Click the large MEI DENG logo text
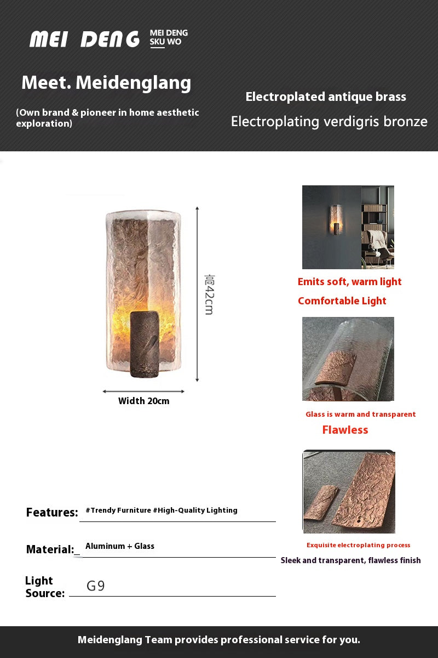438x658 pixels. point(85,39)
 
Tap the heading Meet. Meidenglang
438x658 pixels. point(106,83)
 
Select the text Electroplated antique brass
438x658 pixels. point(326,97)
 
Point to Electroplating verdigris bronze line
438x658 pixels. point(329,122)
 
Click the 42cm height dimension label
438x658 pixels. point(209,294)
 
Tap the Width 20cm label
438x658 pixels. point(143,401)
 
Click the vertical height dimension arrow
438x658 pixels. point(197,294)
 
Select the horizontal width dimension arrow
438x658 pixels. point(143,392)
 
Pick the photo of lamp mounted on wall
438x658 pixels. point(348,227)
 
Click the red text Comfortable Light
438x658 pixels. point(342,301)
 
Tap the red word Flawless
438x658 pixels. point(345,430)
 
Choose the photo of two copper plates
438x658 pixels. point(349,492)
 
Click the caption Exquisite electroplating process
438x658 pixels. point(358,545)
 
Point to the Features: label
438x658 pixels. point(52,513)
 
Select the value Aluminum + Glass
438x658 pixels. point(120,546)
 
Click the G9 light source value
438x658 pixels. point(96,586)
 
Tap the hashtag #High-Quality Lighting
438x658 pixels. point(195,510)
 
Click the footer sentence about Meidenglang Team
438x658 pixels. point(219,640)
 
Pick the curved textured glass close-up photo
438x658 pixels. point(348,359)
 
